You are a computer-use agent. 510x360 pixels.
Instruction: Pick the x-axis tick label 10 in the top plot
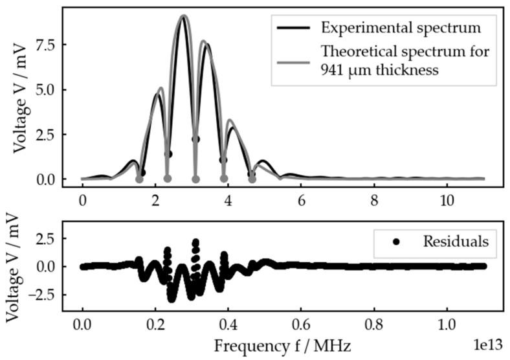click(446, 201)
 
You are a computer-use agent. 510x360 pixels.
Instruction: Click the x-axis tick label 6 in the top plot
click(301, 201)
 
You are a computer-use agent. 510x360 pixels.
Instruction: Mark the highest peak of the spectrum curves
click(184, 16)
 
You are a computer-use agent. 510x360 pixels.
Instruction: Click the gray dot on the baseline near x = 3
click(195, 179)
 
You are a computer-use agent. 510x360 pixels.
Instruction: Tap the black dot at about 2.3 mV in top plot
click(195, 139)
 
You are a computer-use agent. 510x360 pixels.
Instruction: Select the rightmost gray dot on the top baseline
click(252, 179)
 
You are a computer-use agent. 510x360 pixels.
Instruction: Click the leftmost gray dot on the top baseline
click(139, 179)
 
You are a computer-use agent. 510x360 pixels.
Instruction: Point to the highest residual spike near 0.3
click(195, 242)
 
